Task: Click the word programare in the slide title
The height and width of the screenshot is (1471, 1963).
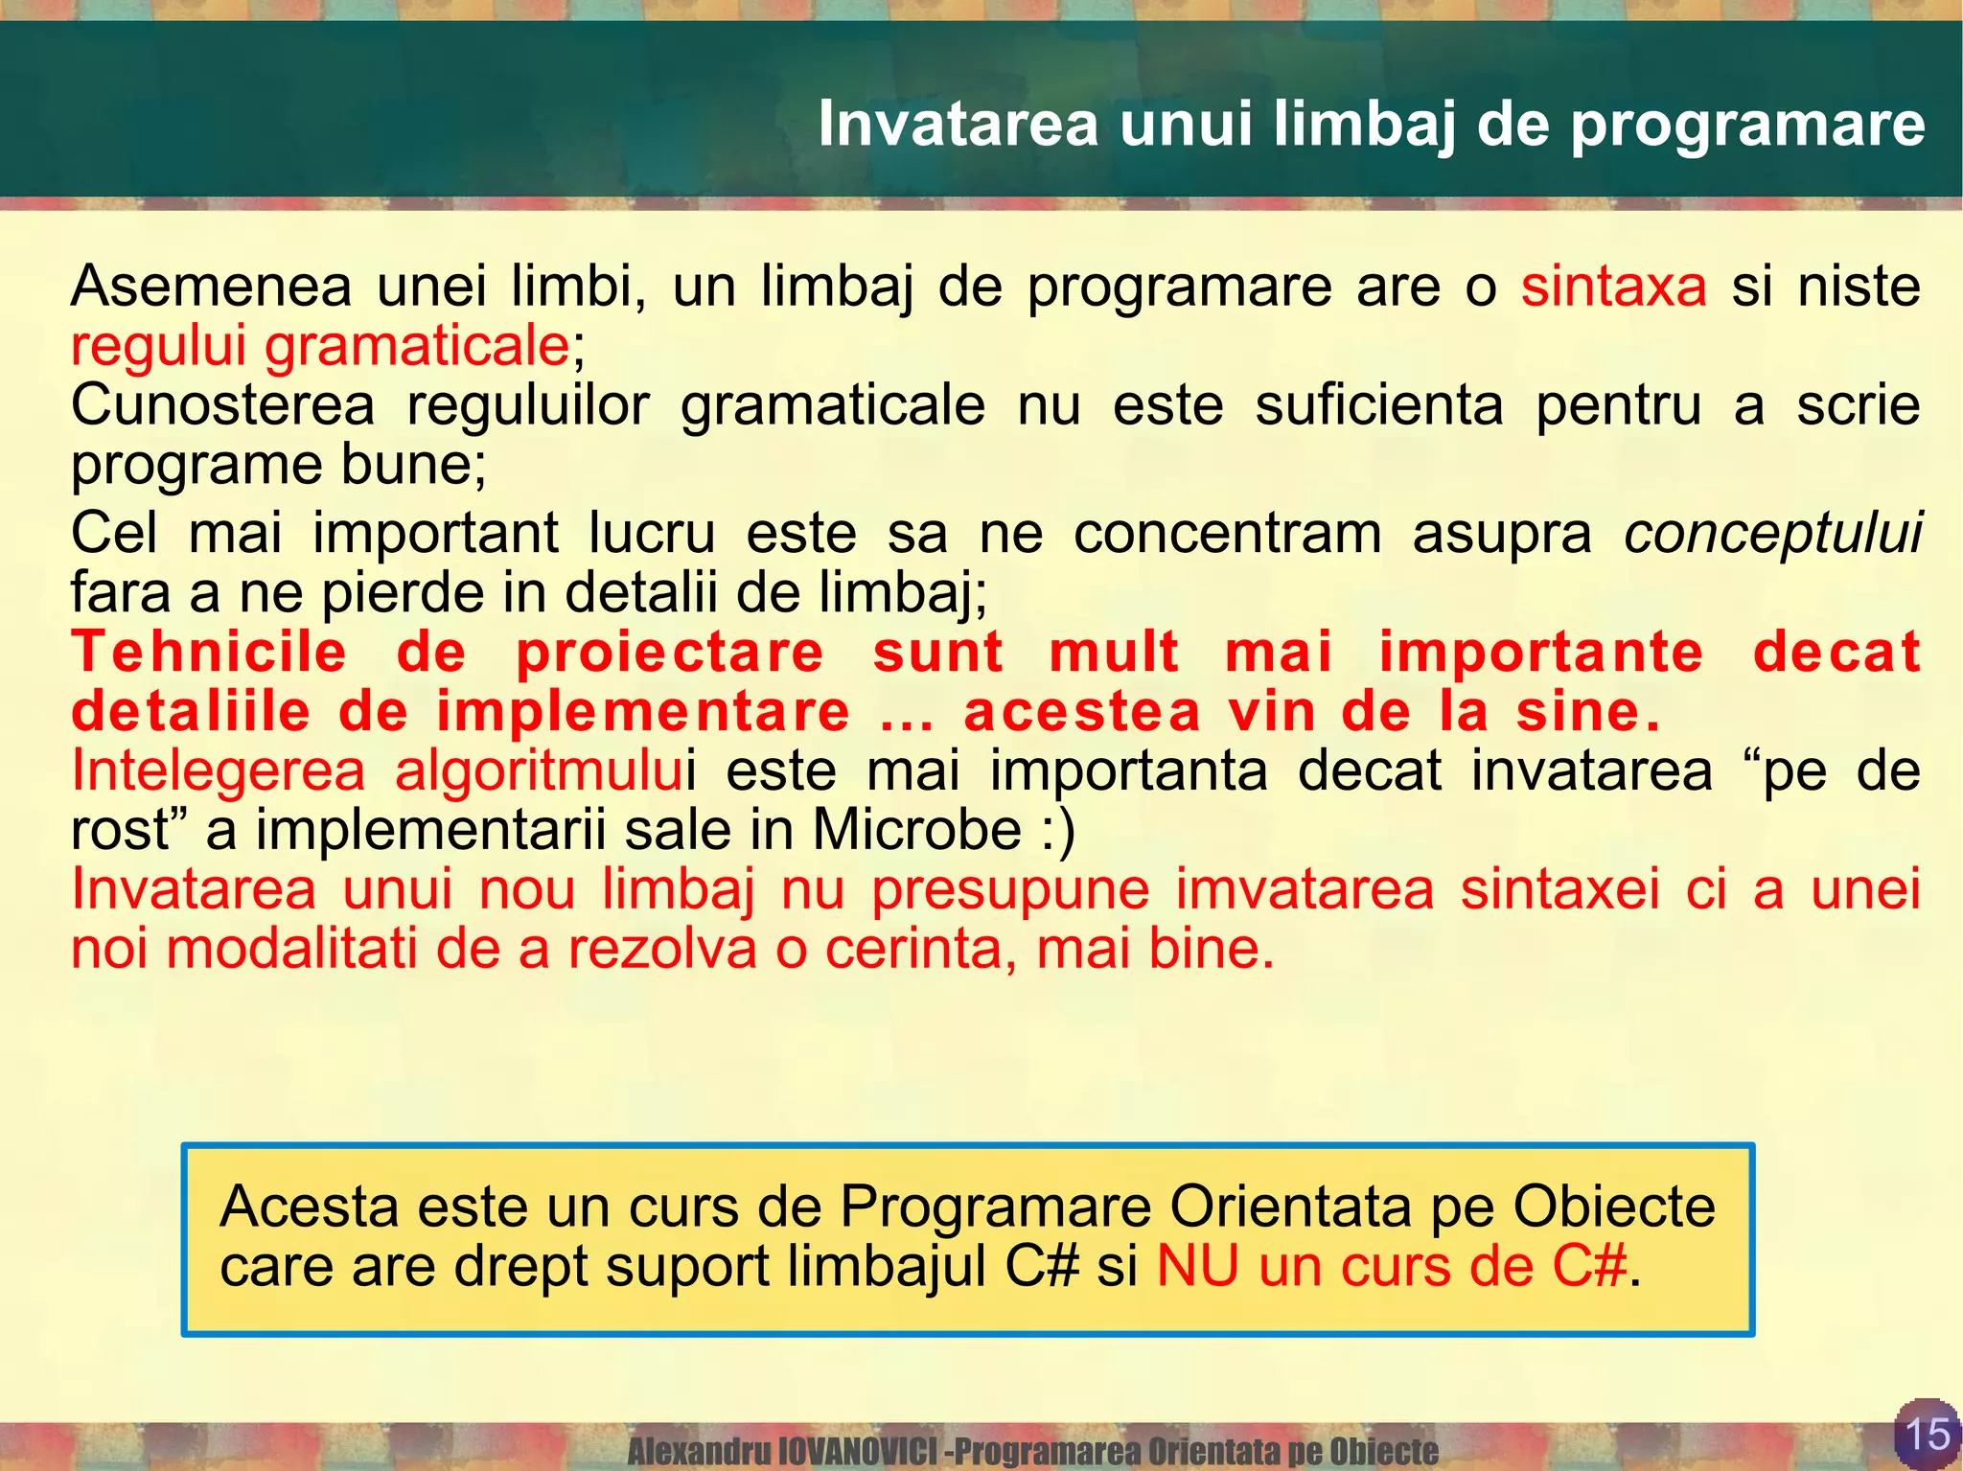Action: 1747,126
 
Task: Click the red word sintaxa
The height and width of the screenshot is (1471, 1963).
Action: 1613,287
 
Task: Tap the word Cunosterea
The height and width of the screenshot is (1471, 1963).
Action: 222,405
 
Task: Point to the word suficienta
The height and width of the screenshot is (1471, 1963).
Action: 1379,405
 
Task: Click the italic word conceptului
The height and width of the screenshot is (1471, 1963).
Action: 1772,534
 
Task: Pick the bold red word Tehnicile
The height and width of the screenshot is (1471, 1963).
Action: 209,653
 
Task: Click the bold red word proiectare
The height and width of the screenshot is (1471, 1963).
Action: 669,653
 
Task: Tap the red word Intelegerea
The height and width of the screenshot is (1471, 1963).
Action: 219,770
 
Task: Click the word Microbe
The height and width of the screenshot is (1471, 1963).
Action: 916,830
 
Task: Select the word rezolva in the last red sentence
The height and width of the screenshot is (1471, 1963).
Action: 662,949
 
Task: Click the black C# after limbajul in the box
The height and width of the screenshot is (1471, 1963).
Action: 1042,1266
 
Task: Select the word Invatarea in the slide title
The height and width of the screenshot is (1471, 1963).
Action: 958,126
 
